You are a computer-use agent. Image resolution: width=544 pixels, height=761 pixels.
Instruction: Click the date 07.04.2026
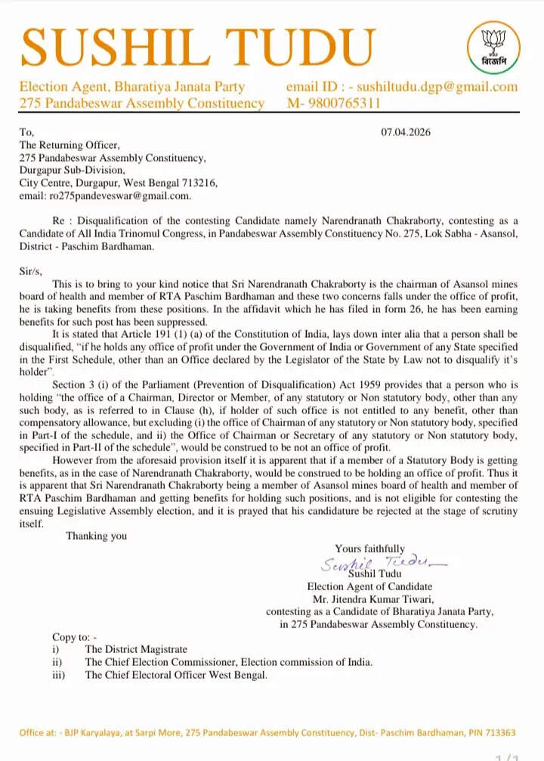[x=406, y=132]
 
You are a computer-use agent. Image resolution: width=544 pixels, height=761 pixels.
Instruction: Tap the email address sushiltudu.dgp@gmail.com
[x=437, y=87]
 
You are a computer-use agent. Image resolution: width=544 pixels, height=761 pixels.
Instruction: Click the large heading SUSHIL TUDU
[x=198, y=46]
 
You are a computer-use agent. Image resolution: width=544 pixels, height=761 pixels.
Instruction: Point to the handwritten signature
[x=385, y=562]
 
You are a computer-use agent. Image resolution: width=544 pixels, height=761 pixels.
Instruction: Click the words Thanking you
[x=97, y=536]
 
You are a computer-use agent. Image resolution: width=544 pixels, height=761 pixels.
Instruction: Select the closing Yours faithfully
[x=370, y=549]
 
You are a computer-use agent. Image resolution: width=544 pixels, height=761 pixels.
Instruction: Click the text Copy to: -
[x=75, y=637]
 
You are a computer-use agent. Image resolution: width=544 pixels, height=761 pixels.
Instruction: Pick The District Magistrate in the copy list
[x=136, y=649]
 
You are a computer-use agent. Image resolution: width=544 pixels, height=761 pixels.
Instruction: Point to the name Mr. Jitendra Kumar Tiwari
[x=371, y=599]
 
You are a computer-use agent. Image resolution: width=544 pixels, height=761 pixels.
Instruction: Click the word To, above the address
[x=27, y=132]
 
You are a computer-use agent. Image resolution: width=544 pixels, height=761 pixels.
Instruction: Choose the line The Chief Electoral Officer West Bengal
[x=176, y=675]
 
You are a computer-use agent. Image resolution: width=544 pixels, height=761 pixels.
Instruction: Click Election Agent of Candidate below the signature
[x=369, y=586]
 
